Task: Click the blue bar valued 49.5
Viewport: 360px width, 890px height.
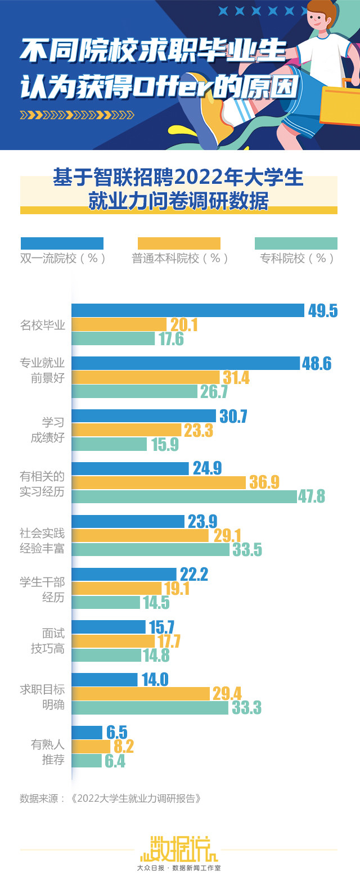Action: pyautogui.click(x=188, y=310)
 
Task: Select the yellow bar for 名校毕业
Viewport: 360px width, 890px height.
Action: pyautogui.click(x=119, y=324)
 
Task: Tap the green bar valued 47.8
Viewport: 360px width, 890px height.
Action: pyautogui.click(x=184, y=496)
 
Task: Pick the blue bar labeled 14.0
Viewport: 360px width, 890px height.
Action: pyautogui.click(x=105, y=680)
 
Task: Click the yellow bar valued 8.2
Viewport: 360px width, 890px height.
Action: pyautogui.click(x=91, y=746)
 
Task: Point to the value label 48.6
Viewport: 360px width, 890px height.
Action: pyautogui.click(x=317, y=364)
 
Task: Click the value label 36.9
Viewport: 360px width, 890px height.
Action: pyautogui.click(x=264, y=482)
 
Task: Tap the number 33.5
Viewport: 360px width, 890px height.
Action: pyautogui.click(x=247, y=549)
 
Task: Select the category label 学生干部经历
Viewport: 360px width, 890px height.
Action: pyautogui.click(x=42, y=589)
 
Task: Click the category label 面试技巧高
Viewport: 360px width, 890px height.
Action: pyautogui.click(x=48, y=641)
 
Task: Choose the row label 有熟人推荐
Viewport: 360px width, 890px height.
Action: pyautogui.click(x=48, y=752)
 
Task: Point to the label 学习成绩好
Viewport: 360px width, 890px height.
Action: pyautogui.click(x=48, y=430)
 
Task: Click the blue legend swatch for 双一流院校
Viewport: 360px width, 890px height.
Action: pyautogui.click(x=62, y=243)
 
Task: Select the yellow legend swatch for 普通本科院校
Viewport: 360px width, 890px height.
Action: pyautogui.click(x=179, y=243)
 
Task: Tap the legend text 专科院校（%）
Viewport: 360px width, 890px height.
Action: pyautogui.click(x=296, y=259)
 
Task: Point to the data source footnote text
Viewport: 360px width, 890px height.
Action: pyautogui.click(x=110, y=798)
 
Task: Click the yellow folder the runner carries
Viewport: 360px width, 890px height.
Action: pyautogui.click(x=340, y=104)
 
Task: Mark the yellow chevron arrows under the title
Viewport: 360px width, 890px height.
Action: pyautogui.click(x=77, y=115)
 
